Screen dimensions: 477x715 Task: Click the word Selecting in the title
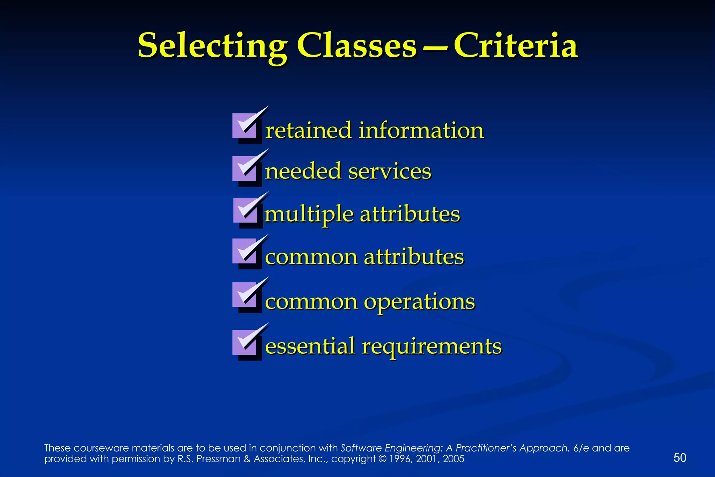[212, 46]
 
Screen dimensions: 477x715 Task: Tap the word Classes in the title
[357, 46]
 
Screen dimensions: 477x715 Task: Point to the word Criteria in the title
[516, 46]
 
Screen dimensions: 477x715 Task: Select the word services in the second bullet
[390, 172]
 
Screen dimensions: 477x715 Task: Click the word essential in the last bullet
[310, 346]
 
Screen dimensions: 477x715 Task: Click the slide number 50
[680, 458]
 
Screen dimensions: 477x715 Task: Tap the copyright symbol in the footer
[382, 459]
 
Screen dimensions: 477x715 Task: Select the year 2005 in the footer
[453, 459]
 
